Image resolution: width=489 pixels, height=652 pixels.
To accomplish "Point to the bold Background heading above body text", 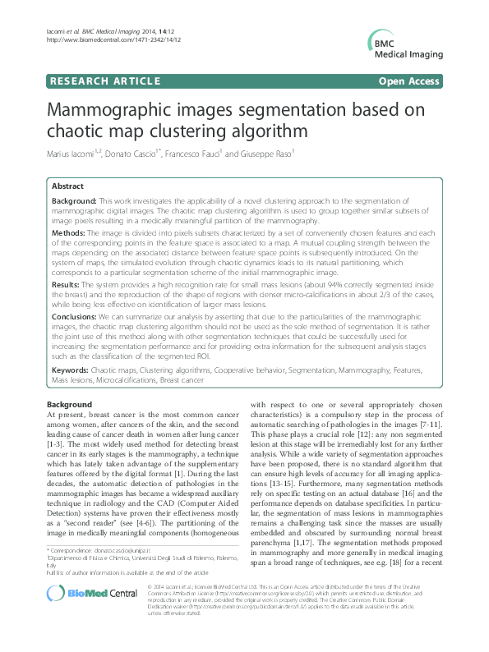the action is [69, 405].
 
